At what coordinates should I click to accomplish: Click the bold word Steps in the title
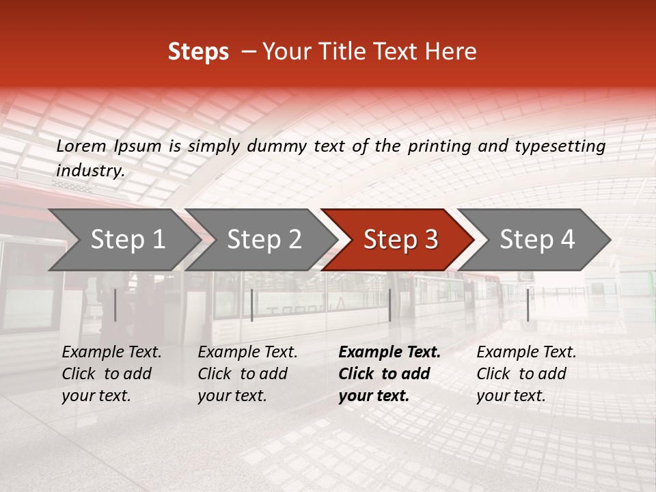198,52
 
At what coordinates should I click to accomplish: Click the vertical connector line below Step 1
115,305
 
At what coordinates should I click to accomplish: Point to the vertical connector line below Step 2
252,305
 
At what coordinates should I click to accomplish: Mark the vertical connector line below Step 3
389,305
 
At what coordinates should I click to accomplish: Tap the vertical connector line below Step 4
528,305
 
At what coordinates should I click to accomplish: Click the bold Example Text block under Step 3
389,374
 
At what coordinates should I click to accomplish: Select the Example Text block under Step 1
111,374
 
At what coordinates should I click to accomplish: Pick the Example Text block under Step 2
247,374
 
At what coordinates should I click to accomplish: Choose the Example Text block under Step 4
526,374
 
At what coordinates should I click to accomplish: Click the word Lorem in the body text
81,146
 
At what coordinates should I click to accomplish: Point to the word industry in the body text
90,171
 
